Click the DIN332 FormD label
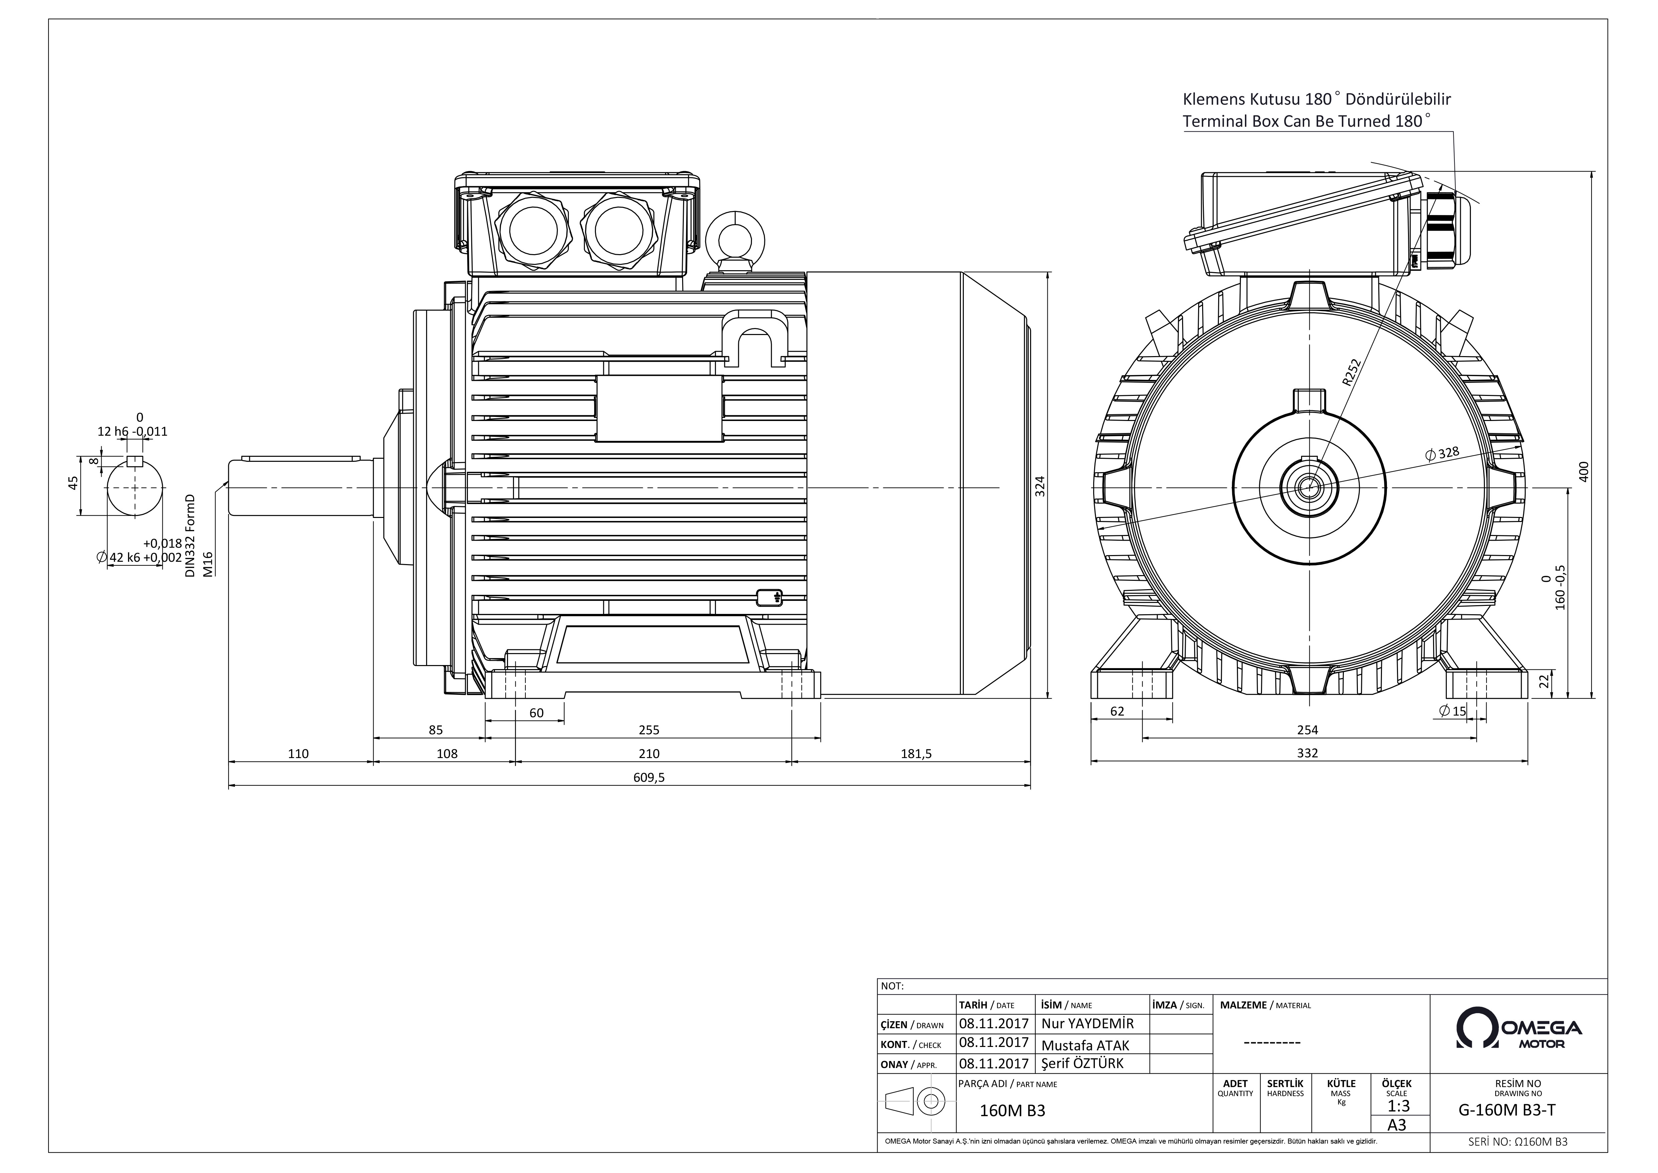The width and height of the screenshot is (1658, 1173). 190,535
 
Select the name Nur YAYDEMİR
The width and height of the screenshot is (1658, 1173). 1088,1024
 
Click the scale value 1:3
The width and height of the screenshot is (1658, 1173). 1398,1106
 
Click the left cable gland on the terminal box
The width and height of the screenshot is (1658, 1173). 533,230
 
